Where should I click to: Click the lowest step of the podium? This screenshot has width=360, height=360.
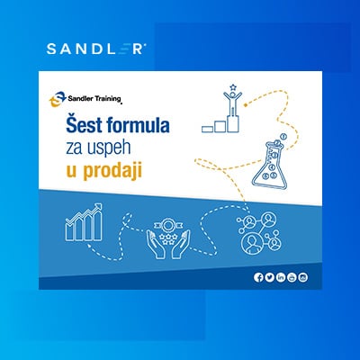[x=209, y=129]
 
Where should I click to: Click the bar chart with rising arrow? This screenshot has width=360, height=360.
[x=82, y=225]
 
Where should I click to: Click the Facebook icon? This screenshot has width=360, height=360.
[x=259, y=277]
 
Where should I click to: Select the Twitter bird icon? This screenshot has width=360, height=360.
[x=270, y=277]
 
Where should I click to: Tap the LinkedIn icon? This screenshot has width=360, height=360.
[x=281, y=277]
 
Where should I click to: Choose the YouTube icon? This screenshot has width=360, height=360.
[x=292, y=277]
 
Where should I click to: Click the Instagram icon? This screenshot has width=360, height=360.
[x=303, y=277]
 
